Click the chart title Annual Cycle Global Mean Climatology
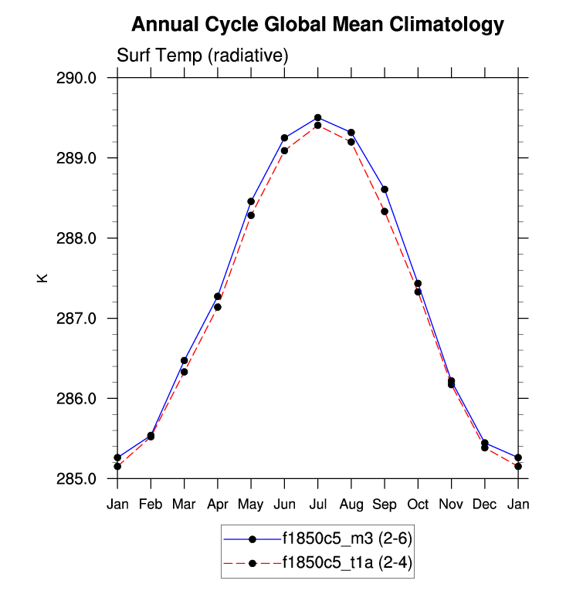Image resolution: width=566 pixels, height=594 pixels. point(317,25)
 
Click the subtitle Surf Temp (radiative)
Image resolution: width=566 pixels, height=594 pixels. point(202,56)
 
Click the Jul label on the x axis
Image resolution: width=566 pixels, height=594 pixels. point(317,505)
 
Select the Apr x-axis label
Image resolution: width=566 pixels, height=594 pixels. point(218,505)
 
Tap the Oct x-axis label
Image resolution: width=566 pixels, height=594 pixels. point(418,505)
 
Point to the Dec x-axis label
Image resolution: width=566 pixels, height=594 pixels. point(485,505)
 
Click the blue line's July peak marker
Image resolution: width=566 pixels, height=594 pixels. point(317,117)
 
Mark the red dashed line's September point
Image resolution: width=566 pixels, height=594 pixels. point(385,211)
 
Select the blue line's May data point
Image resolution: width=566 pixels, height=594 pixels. point(251,201)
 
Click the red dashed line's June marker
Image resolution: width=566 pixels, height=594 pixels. point(284,150)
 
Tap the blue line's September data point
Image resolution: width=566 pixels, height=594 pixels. point(385,189)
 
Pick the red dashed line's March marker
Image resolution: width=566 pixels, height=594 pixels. point(185,372)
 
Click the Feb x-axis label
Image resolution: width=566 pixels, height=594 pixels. point(151,505)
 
